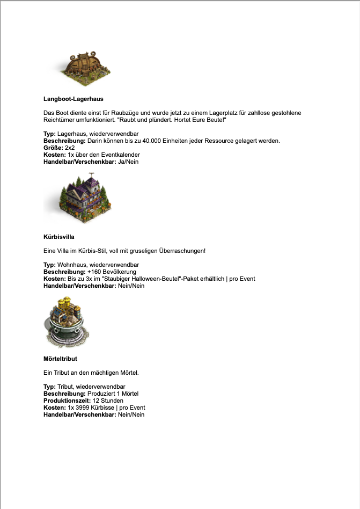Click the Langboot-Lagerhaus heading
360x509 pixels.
click(x=73, y=99)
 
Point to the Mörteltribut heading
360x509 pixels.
click(x=64, y=358)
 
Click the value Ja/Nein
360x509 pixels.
click(x=128, y=162)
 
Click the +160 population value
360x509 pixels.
click(x=94, y=272)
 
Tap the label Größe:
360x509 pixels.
click(x=53, y=148)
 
